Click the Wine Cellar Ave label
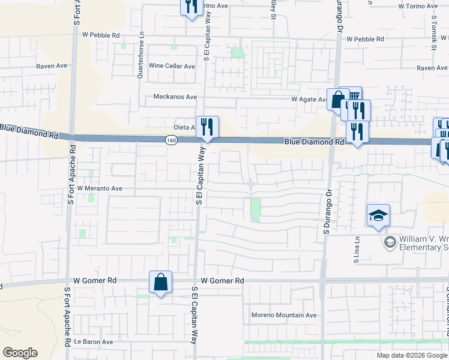pos(172,66)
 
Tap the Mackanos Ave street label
pos(175,97)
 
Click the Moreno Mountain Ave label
pos(284,315)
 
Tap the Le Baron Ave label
pos(93,342)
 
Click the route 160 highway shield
pos(172,140)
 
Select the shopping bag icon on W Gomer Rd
pos(161,282)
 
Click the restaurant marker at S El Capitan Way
pos(207,127)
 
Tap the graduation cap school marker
pos(379,215)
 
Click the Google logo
pos(20,353)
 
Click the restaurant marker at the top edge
pos(190,7)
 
